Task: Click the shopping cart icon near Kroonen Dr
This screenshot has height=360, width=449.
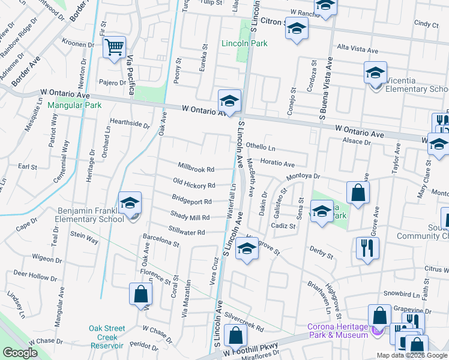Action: (x=114, y=47)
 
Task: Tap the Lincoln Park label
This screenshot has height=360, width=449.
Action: (x=244, y=43)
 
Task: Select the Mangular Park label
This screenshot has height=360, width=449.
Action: (x=75, y=105)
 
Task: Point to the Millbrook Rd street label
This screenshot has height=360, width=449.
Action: (x=196, y=169)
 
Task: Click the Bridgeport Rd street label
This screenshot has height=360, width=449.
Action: (x=191, y=202)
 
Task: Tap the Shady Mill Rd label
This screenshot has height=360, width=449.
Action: (x=190, y=217)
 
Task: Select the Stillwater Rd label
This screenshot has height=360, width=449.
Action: (x=187, y=232)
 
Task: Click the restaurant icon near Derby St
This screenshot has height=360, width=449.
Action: (x=367, y=247)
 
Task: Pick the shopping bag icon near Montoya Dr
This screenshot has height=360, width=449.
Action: (x=358, y=193)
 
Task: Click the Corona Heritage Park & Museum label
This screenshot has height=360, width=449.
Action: (x=337, y=331)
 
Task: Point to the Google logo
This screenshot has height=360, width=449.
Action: (x=19, y=353)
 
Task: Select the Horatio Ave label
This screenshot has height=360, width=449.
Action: (x=277, y=164)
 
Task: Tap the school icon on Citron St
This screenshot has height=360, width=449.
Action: (x=297, y=28)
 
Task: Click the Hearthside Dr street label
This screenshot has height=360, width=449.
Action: (x=130, y=124)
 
